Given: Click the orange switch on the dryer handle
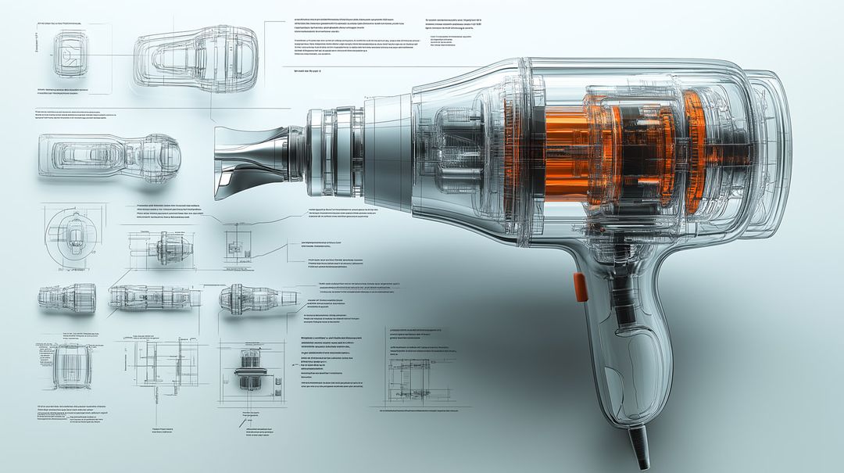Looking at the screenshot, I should click(x=579, y=287).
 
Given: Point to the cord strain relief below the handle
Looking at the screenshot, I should click(x=638, y=445).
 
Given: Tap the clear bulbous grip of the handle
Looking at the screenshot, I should click(x=634, y=367).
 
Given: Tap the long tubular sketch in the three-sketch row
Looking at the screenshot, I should click(x=153, y=297).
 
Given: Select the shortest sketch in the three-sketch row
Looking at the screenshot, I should click(x=67, y=298).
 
